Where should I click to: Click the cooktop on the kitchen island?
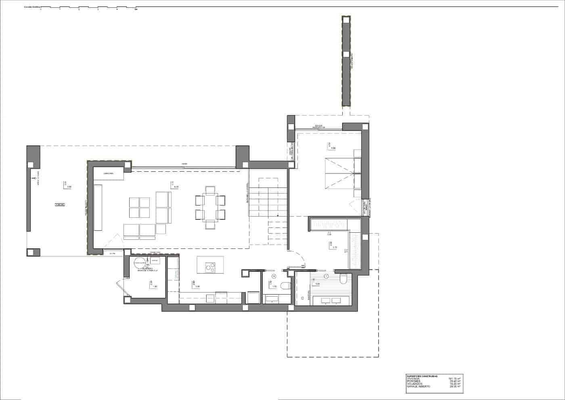coord(210,267)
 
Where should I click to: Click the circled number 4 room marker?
coord(274,277)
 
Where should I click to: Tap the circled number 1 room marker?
coord(326,276)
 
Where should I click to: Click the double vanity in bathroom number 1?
coord(331,300)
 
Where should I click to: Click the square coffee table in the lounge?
coord(140,207)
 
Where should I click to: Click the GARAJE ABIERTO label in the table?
coord(419,387)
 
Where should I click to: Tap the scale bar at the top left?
coord(89,8)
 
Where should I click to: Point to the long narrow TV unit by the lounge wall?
coord(98,207)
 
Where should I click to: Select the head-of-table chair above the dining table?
coord(210,189)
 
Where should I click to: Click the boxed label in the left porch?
coord(60,205)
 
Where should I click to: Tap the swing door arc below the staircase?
coord(299,259)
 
